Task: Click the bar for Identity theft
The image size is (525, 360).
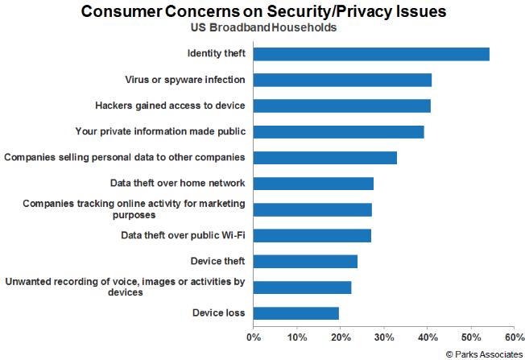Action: coord(371,54)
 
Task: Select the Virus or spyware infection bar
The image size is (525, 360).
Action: coord(342,80)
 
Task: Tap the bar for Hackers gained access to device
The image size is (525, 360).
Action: coord(342,106)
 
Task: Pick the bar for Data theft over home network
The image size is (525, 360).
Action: coord(313,184)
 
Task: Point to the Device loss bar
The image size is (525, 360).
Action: coord(296,313)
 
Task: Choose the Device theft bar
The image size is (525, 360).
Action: coord(305,261)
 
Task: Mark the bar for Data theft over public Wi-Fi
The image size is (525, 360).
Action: coord(312,235)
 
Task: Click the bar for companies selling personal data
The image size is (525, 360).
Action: coord(325,158)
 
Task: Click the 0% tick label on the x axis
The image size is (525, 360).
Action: coord(254,337)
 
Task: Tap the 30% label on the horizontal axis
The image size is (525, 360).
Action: coord(384,337)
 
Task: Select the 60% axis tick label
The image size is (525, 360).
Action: coord(514,337)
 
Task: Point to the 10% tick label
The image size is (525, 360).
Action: coord(297,337)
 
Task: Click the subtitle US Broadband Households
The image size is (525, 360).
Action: coord(262,27)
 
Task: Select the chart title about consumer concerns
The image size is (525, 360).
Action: coord(262,11)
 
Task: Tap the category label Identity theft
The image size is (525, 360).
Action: coord(216,54)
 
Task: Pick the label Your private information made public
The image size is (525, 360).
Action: coord(160,131)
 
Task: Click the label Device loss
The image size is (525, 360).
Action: coord(218,313)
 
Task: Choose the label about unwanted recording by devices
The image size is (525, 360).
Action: coord(125,287)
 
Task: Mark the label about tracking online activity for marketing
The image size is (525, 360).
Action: coord(134,209)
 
